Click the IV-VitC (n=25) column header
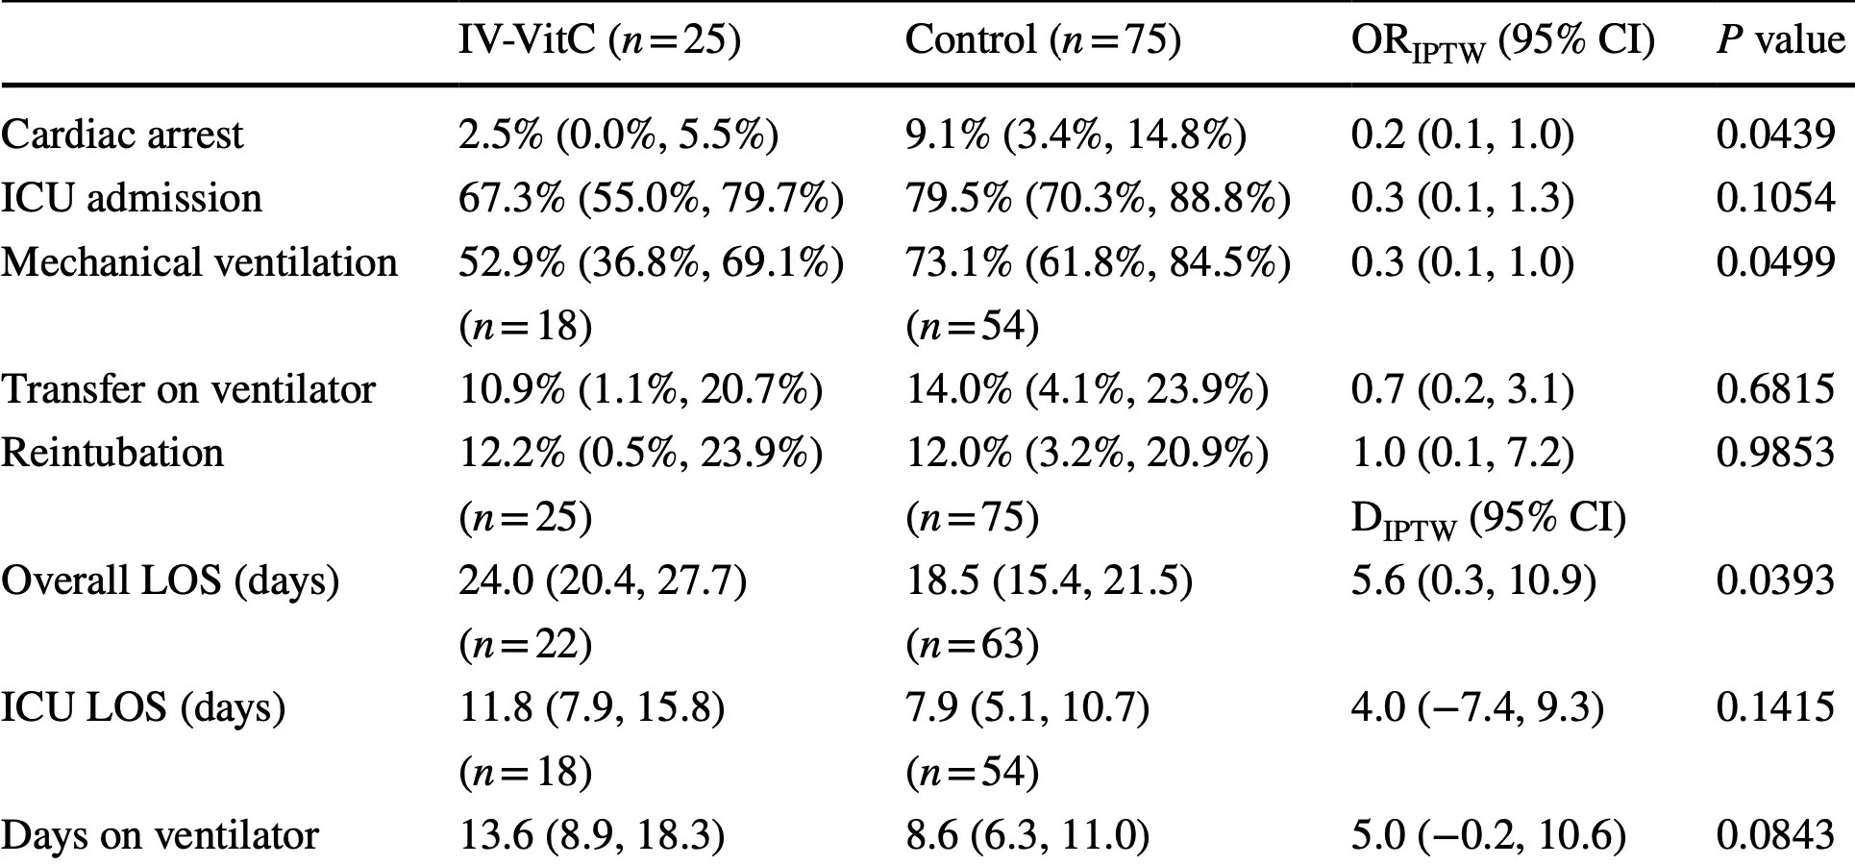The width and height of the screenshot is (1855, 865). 600,40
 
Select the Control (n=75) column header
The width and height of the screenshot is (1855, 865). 1043,40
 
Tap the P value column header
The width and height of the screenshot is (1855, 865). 1780,40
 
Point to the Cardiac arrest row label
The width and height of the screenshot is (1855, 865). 122,135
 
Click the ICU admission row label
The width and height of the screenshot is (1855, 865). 132,198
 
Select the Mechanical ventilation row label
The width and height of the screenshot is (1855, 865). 199,262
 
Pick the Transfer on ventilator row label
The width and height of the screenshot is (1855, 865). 188,389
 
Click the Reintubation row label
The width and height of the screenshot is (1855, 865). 112,453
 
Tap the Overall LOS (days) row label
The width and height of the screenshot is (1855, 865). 170,581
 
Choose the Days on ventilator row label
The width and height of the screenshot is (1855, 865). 160,835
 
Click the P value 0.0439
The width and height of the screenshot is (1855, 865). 1775,135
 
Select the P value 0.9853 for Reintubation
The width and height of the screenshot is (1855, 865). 1775,453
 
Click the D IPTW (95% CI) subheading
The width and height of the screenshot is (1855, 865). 1488,519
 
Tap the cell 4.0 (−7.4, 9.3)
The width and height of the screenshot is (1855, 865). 1477,708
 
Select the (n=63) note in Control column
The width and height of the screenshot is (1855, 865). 972,644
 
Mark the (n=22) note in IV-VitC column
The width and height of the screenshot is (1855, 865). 525,644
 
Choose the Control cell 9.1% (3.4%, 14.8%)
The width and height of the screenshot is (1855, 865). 1076,135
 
